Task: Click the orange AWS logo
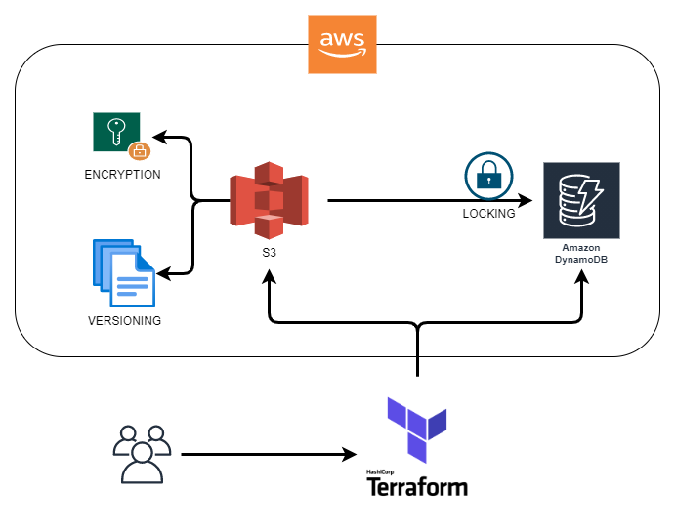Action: click(x=342, y=44)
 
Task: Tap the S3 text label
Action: click(x=268, y=253)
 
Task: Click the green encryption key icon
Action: click(x=116, y=132)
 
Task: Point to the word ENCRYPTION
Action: click(x=122, y=174)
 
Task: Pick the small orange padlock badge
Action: click(x=139, y=150)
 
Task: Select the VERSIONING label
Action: click(x=123, y=320)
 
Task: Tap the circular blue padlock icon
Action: click(x=483, y=176)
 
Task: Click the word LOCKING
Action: click(x=488, y=214)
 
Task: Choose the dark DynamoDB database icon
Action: click(x=582, y=200)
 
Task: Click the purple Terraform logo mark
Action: click(x=417, y=428)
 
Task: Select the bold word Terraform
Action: click(x=417, y=485)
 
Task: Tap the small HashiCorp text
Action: click(x=379, y=471)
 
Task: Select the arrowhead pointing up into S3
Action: click(x=269, y=278)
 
